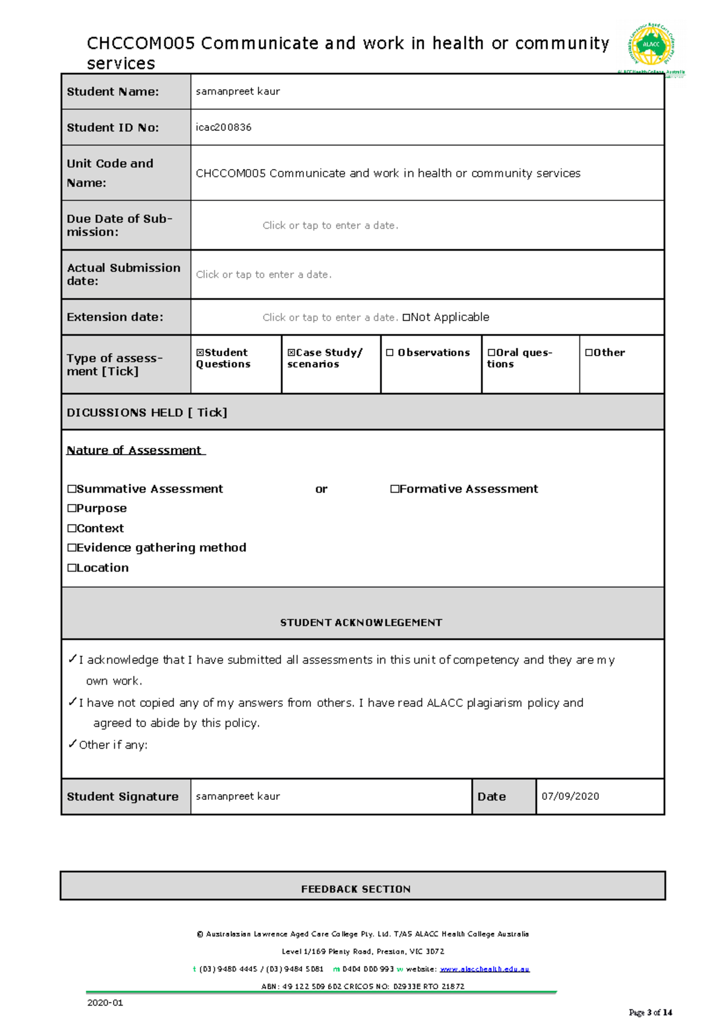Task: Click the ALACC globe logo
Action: point(651,45)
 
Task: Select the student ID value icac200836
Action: point(224,127)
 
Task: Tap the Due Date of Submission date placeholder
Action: point(330,226)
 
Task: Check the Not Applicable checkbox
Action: point(406,318)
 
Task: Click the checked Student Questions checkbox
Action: point(200,353)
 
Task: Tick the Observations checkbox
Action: point(390,353)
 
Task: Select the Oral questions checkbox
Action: point(491,353)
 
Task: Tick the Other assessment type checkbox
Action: point(588,353)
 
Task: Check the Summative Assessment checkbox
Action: point(72,489)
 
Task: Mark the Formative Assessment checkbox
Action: point(395,489)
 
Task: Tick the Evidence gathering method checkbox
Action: point(72,548)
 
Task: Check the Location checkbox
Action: point(72,568)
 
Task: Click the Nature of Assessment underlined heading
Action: point(135,450)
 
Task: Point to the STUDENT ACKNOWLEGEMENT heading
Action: point(361,622)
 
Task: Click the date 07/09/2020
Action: point(570,796)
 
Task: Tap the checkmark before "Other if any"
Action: point(72,744)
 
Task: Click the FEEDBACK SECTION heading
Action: point(356,889)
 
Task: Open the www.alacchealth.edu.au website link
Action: point(485,969)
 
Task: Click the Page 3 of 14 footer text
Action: point(650,1012)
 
